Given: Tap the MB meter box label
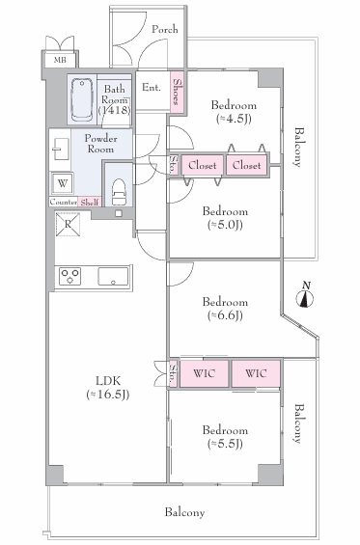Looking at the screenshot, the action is pos(60,60).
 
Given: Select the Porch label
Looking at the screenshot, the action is pos(165,29).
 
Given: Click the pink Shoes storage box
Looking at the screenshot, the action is pos(177,92).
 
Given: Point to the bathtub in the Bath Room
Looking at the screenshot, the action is pos(82,99).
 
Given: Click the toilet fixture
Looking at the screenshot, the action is pos(119,192).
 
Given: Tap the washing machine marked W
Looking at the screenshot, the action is pos(63,183).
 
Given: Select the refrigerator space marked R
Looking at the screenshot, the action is pos(68,225).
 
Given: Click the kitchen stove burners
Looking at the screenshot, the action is pos(69,276).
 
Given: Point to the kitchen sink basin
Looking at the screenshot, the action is pos(113,276).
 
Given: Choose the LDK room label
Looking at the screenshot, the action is pos(108,387).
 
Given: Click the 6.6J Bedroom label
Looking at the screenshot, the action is pos(225,309).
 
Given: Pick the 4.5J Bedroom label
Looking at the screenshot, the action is pos(234,112).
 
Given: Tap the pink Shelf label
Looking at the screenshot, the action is pos(90,202).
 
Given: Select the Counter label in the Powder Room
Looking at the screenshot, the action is pos(64,202).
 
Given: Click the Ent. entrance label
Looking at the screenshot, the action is pos(152,87).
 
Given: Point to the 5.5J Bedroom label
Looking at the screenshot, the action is pos(225,437).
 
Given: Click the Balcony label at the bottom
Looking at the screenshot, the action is pos(184,512).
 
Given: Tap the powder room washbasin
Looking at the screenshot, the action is pos(61,150).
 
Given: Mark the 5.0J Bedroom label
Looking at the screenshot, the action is pos(225,218).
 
